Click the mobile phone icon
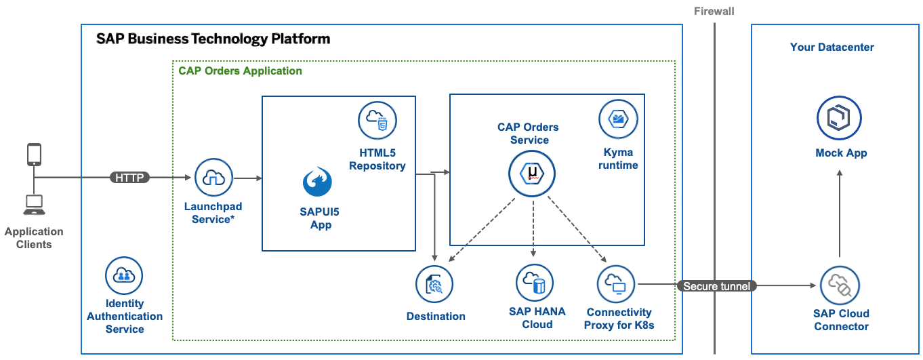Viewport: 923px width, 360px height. tap(34, 155)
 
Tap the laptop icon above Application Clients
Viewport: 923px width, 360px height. tap(33, 202)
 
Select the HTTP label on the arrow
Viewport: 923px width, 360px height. tap(129, 178)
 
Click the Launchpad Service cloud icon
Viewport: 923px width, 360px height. tap(213, 178)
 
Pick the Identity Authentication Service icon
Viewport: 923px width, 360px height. tap(124, 275)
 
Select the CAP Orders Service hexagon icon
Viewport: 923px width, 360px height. tap(531, 174)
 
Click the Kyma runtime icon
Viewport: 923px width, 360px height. tap(618, 119)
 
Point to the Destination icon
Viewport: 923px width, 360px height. tap(434, 285)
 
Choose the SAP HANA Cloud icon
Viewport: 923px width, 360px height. tap(535, 282)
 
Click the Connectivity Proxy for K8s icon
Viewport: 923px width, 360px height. tap(616, 283)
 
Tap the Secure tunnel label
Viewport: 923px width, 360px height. tap(716, 286)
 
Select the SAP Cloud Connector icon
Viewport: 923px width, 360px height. tap(839, 285)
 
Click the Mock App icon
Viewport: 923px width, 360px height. tap(839, 118)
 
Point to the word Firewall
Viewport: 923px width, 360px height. tap(714, 11)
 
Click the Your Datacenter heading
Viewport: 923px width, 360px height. tap(832, 47)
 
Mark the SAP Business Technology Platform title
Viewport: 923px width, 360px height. tap(213, 39)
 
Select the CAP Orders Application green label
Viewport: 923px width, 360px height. tap(240, 71)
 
